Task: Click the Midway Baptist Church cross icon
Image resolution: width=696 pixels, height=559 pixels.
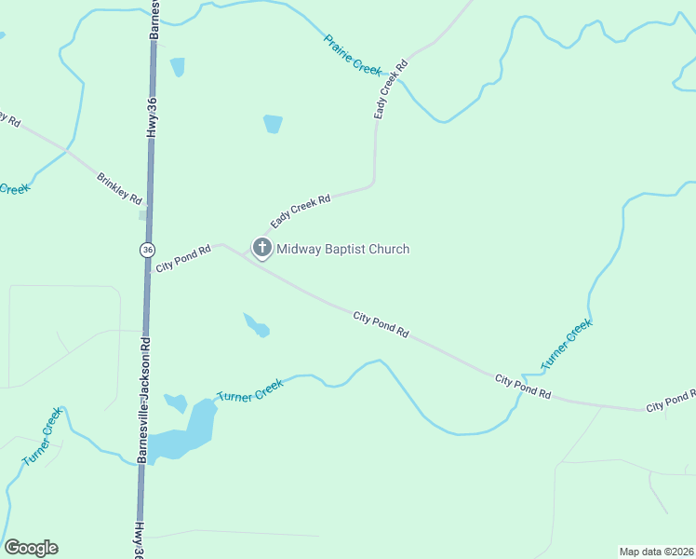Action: pos(262,248)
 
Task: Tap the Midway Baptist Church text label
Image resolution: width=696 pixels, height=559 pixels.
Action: pos(342,249)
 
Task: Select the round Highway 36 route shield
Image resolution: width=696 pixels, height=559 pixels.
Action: pos(147,250)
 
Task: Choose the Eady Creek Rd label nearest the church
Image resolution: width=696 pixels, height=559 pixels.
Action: pos(301,211)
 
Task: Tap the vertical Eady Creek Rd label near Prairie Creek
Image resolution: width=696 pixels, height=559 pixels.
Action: pos(391,89)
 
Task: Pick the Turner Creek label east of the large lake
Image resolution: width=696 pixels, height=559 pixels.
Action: pos(249,390)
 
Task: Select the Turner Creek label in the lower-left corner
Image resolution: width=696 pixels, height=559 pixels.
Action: pos(42,436)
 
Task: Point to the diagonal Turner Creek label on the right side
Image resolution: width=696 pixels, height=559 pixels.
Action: pos(567,345)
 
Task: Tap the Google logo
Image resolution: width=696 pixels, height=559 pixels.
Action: pos(31,548)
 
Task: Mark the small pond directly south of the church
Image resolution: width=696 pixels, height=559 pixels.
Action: pos(257,325)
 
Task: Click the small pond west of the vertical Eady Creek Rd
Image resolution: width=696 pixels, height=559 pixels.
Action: pos(273,123)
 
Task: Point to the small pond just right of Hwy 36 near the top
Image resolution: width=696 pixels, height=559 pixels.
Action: pos(177,66)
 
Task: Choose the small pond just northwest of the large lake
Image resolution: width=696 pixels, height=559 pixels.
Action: pos(176,402)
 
